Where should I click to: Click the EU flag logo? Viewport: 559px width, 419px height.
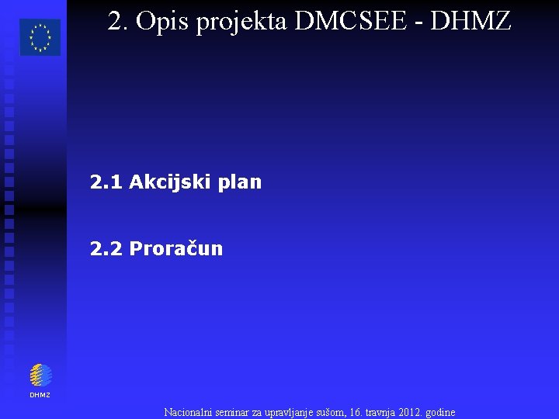pyautogui.click(x=40, y=37)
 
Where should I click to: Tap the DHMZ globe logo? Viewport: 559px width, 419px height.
pyautogui.click(x=40, y=376)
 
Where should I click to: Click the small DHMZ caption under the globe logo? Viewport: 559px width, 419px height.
pyautogui.click(x=40, y=395)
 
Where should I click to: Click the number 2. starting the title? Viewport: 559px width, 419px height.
pyautogui.click(x=118, y=22)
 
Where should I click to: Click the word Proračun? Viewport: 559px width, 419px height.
pyautogui.click(x=176, y=248)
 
